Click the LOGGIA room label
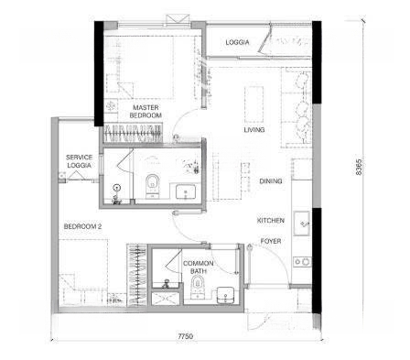click(x=237, y=42)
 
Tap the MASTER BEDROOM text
click(x=146, y=112)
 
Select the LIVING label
click(x=254, y=130)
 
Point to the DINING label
click(x=271, y=181)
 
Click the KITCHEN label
click(x=271, y=221)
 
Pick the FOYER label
click(x=271, y=241)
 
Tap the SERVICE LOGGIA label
click(x=79, y=161)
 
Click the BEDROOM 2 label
click(x=82, y=226)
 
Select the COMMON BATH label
click(x=199, y=267)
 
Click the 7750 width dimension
click(x=186, y=336)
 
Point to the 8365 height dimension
click(x=359, y=167)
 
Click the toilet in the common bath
click(x=197, y=286)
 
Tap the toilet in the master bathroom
click(x=152, y=185)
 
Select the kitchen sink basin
click(x=302, y=224)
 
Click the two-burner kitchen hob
click(x=302, y=262)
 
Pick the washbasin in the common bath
click(x=225, y=295)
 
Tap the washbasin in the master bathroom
click(x=185, y=191)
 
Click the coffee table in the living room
click(x=254, y=104)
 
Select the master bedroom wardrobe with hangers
click(x=133, y=133)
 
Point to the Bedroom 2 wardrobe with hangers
click(x=137, y=275)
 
